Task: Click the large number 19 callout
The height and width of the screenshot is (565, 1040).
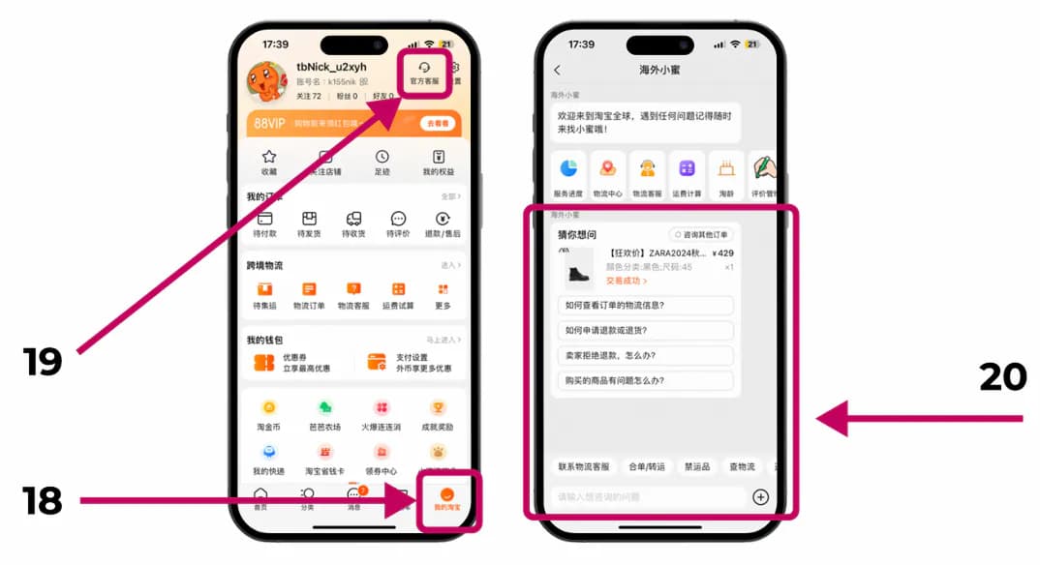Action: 44,361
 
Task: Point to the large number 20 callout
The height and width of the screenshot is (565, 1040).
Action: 1002,376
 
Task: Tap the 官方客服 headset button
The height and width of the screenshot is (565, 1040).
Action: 424,73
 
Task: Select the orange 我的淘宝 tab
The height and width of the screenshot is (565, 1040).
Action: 447,498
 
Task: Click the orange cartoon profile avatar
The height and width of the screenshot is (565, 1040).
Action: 266,82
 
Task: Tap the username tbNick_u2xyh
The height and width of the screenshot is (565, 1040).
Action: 331,67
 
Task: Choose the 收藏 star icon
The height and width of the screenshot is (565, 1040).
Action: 269,157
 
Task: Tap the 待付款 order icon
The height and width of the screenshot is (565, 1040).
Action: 264,220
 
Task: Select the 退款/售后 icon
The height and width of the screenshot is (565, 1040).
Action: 442,220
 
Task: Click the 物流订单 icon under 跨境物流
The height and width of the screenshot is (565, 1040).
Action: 309,289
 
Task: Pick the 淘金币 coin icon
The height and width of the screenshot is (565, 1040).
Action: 268,408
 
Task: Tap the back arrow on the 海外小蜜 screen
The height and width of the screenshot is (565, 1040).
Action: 557,70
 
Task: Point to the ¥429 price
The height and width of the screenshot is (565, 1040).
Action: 722,253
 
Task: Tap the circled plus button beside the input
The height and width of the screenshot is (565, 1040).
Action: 760,497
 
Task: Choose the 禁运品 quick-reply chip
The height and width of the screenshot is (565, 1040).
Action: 697,466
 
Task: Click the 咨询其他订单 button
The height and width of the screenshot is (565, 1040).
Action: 701,234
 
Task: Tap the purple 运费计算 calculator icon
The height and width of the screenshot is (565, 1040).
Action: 687,168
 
